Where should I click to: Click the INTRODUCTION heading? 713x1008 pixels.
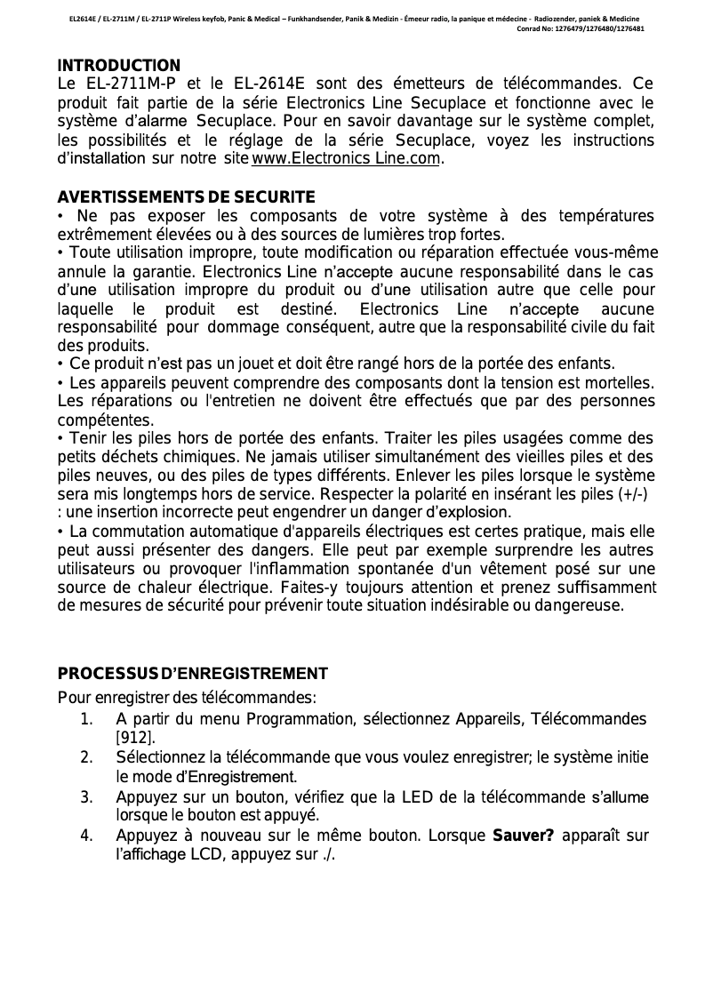pyautogui.click(x=118, y=66)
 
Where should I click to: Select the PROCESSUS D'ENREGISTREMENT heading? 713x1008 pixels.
pyautogui.click(x=192, y=673)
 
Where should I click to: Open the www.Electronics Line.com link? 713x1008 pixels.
pyautogui.click(x=346, y=160)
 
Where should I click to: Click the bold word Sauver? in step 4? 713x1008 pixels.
pyautogui.click(x=523, y=836)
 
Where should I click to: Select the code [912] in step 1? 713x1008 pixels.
pyautogui.click(x=136, y=738)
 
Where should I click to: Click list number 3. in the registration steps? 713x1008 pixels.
pyautogui.click(x=86, y=796)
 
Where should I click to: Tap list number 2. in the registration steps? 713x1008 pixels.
pyautogui.click(x=86, y=757)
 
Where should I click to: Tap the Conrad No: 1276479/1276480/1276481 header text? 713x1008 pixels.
pyautogui.click(x=581, y=28)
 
